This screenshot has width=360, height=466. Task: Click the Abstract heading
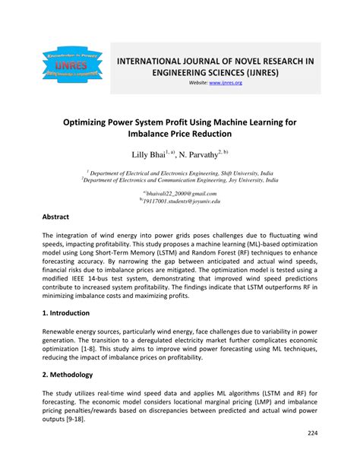(57, 217)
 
